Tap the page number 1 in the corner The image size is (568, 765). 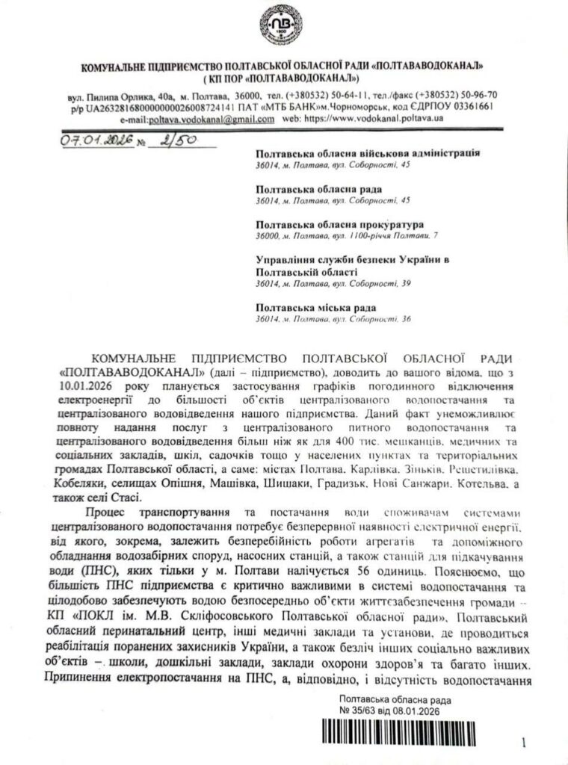tap(525, 743)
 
